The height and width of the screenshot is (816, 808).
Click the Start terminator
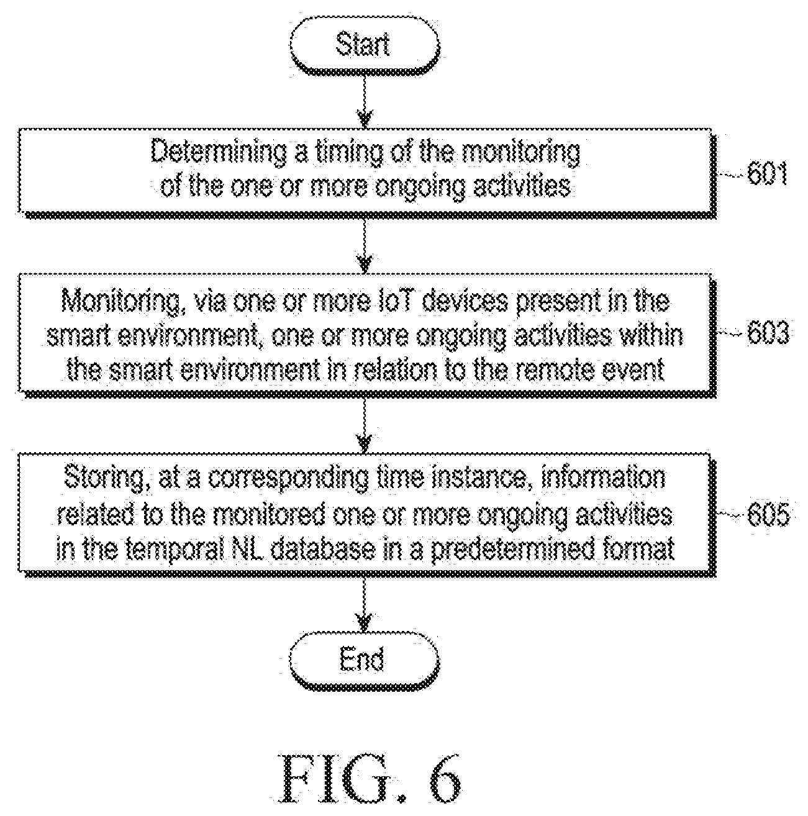coord(364,45)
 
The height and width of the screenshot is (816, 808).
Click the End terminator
coord(364,659)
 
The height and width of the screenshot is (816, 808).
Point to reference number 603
coord(768,333)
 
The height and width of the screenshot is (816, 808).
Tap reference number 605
coord(768,514)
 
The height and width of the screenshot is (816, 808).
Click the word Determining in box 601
coord(218,152)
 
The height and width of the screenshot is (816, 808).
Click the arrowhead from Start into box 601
coord(365,118)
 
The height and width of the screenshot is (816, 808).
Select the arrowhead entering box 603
coord(365,263)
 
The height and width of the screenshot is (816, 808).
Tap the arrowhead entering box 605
coord(365,443)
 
